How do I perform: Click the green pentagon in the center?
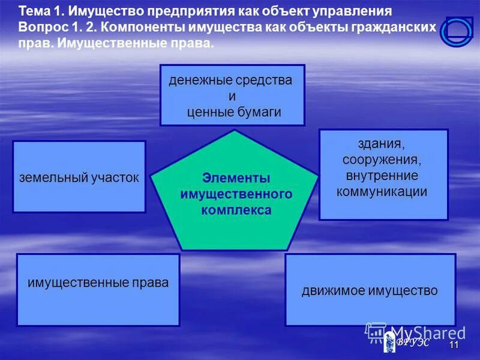[x=235, y=198]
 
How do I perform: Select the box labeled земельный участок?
[x=79, y=177]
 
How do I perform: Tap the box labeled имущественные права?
[x=98, y=290]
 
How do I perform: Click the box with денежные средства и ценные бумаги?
[x=232, y=95]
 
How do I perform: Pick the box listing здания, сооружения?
[x=383, y=174]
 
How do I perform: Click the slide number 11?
[x=454, y=346]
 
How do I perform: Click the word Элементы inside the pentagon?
[x=236, y=178]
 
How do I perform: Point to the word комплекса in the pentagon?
[x=236, y=210]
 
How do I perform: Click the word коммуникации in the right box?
[x=382, y=191]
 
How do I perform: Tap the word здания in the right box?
[x=383, y=144]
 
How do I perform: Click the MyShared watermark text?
[x=428, y=333]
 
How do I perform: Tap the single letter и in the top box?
[x=232, y=96]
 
